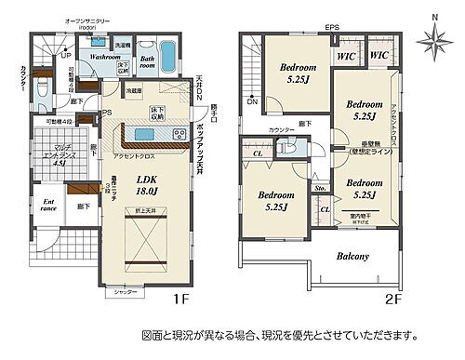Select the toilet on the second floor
pyautogui.click(x=285, y=146)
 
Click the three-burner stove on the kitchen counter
pyautogui.click(x=177, y=136)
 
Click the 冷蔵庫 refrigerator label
pyautogui.click(x=133, y=91)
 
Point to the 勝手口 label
pyautogui.click(x=213, y=108)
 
